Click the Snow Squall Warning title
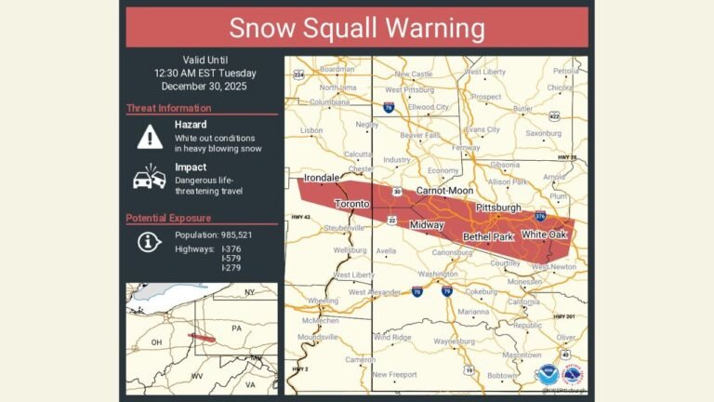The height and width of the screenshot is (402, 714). (x=356, y=28)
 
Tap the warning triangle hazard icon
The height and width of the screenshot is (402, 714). (x=150, y=136)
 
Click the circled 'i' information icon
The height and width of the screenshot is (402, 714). (x=150, y=242)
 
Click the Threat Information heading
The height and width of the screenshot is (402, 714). (x=170, y=107)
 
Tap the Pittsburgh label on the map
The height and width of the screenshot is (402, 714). (x=498, y=207)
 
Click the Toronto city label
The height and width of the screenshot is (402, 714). (x=351, y=203)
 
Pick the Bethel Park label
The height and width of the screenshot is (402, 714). (x=488, y=237)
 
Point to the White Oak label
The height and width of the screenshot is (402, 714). (x=545, y=234)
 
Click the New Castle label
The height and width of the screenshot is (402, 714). (x=414, y=74)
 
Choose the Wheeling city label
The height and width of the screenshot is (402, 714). (x=324, y=301)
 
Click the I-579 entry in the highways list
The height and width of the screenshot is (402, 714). (x=231, y=258)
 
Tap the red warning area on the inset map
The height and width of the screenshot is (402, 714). (x=203, y=338)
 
